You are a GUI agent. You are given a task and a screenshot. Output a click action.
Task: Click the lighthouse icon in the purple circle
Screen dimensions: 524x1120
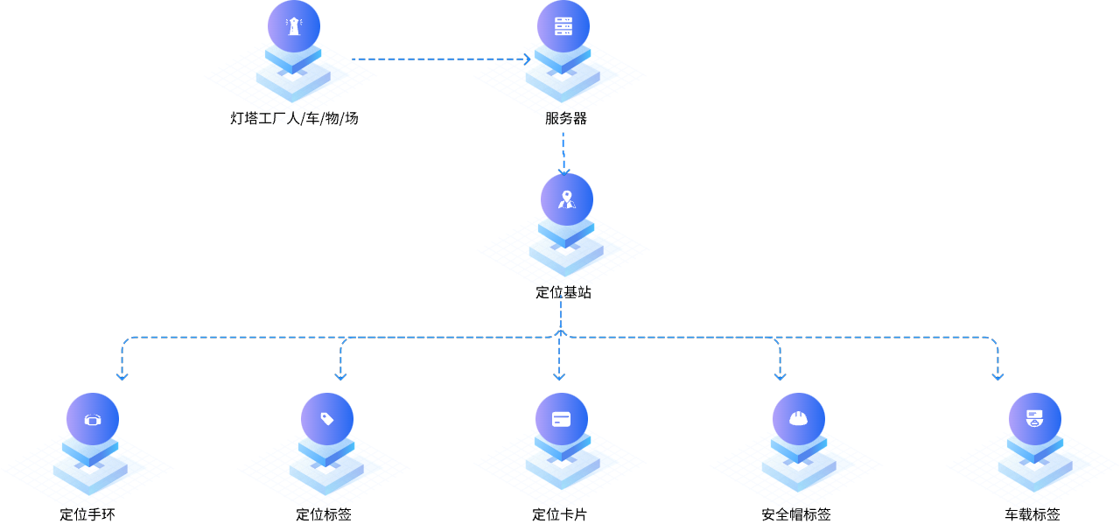(293, 26)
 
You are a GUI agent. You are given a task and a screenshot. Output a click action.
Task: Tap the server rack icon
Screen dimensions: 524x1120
(563, 26)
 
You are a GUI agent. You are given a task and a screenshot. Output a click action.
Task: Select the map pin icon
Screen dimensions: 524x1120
(566, 199)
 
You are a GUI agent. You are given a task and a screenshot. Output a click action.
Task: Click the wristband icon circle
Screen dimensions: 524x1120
(92, 419)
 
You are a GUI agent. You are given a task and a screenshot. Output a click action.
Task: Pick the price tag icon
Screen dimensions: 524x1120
(327, 419)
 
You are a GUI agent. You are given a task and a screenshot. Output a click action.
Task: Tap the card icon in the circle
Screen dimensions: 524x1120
(561, 419)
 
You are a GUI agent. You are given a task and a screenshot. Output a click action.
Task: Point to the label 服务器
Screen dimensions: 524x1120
(566, 118)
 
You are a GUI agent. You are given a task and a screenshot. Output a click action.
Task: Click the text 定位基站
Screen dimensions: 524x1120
(563, 292)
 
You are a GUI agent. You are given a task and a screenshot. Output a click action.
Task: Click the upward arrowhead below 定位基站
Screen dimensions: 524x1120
(561, 332)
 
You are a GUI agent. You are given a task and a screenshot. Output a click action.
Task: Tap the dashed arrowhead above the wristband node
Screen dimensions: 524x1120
(122, 377)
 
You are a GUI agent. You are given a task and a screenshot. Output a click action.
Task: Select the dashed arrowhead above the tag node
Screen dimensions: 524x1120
(340, 377)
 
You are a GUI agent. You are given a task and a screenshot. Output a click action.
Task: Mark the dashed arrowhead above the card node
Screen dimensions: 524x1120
(559, 377)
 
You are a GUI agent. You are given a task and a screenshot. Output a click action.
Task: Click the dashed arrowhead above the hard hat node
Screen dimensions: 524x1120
(779, 377)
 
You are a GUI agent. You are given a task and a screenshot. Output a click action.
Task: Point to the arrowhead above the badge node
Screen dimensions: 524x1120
(997, 377)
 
